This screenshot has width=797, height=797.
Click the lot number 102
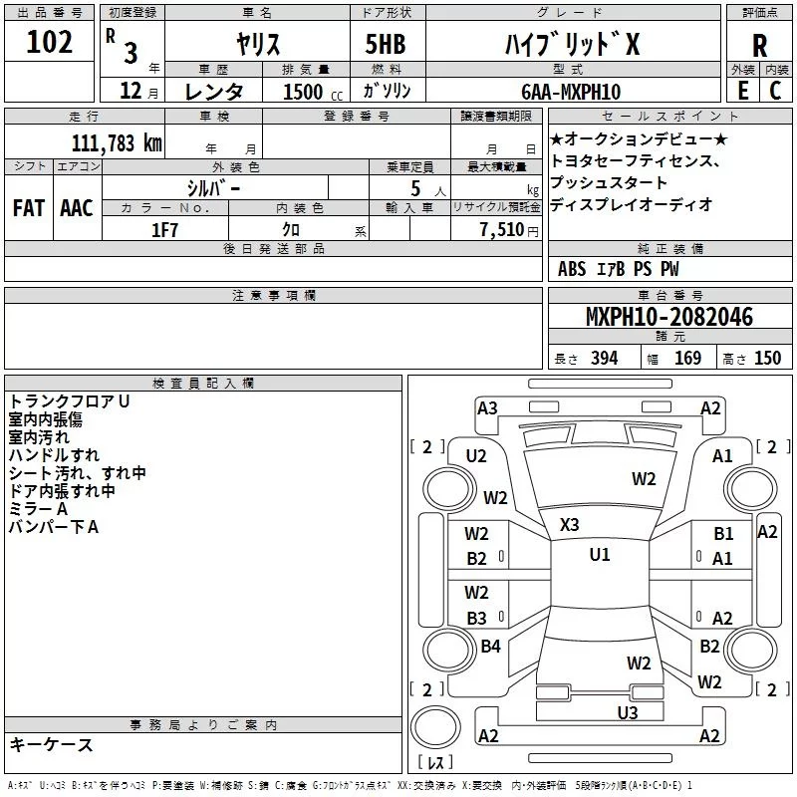(50, 44)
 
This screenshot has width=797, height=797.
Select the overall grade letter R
(759, 45)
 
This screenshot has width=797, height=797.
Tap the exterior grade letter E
(742, 90)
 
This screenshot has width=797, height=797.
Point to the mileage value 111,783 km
(117, 142)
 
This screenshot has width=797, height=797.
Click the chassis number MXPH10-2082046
(668, 318)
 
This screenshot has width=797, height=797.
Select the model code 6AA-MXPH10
(570, 92)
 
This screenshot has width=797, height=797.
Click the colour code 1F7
(164, 230)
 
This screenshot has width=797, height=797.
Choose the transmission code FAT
(28, 207)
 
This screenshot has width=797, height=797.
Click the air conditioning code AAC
(76, 207)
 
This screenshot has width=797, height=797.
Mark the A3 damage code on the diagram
(487, 407)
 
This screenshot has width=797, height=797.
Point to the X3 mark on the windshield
(570, 524)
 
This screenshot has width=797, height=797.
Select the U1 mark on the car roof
(599, 555)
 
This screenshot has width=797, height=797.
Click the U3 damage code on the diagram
(627, 711)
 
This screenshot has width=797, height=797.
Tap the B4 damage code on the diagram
(490, 647)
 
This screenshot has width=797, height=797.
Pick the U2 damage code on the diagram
(476, 455)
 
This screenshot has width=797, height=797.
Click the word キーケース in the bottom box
(51, 744)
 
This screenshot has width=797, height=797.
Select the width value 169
(687, 359)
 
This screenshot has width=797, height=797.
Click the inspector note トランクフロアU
(70, 400)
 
